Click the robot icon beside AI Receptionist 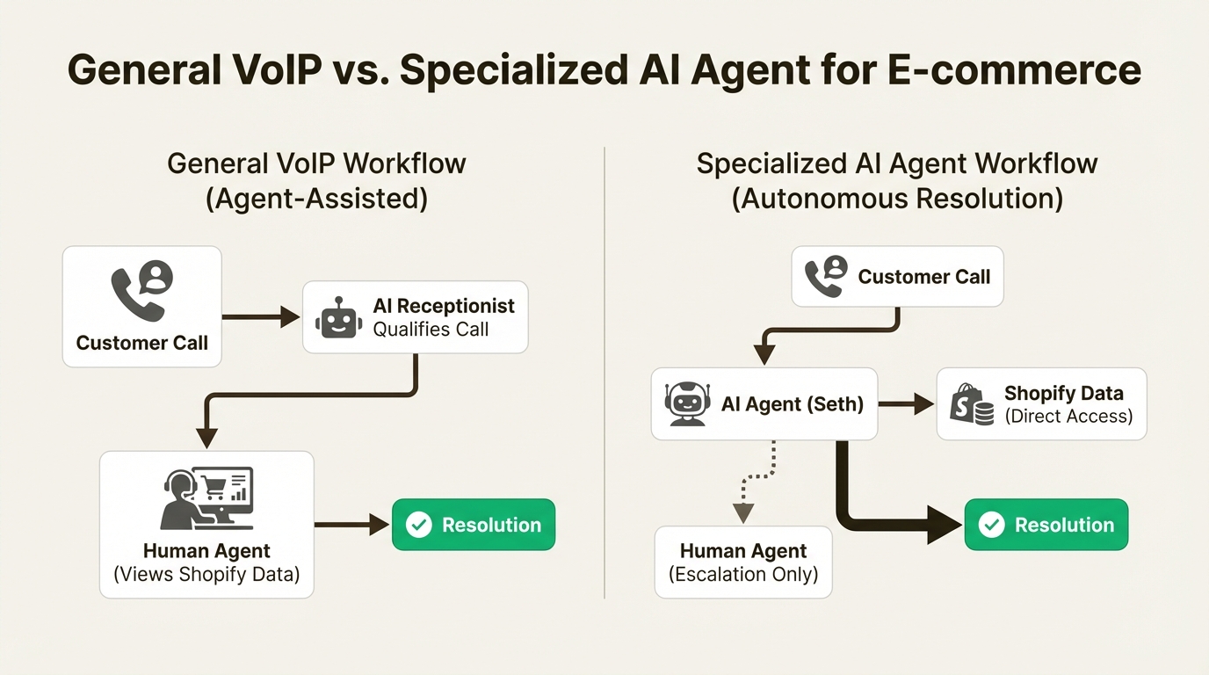point(338,317)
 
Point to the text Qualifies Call point(431,330)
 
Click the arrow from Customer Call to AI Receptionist point(261,316)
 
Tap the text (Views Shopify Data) point(206,575)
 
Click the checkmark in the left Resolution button point(419,525)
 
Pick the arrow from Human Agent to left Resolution point(351,525)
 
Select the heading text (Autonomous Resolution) point(897,199)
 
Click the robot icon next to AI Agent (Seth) point(686,404)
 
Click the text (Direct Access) point(1068,417)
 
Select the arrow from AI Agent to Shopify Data point(906,404)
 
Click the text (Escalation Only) point(743,575)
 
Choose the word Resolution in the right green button point(1064,525)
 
